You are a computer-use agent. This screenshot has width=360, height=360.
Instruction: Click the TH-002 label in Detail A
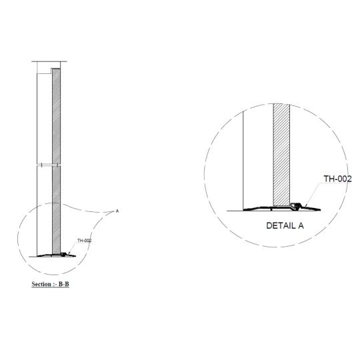(337, 179)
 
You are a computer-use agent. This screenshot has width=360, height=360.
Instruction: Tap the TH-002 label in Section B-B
(84, 241)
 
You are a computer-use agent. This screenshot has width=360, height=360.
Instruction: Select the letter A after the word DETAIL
(301, 226)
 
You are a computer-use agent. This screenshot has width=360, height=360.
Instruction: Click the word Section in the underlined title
(41, 284)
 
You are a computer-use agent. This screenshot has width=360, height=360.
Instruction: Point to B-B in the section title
(63, 284)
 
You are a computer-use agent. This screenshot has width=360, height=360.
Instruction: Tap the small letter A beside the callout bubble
(117, 211)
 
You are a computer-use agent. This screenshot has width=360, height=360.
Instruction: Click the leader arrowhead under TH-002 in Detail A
(306, 205)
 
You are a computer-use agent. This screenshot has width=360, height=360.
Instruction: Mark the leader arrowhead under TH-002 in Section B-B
(69, 253)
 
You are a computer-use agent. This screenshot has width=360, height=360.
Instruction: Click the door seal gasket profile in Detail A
(296, 206)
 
